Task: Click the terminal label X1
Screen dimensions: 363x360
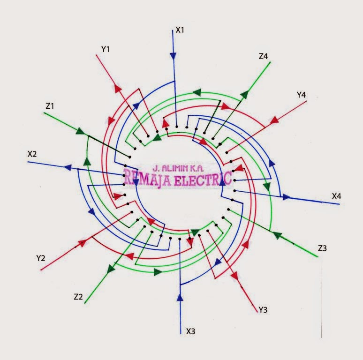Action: click(x=180, y=30)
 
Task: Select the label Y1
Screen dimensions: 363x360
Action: click(x=106, y=49)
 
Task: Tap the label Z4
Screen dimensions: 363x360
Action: click(x=263, y=56)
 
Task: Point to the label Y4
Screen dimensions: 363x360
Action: click(x=301, y=95)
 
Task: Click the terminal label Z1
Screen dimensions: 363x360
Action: click(x=50, y=106)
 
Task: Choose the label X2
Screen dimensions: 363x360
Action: click(x=32, y=154)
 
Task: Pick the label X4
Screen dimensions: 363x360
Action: click(x=337, y=196)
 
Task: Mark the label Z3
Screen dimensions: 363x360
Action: click(x=322, y=248)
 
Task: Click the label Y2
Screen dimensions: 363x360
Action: click(x=41, y=258)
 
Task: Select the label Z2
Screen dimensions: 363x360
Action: click(x=78, y=297)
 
